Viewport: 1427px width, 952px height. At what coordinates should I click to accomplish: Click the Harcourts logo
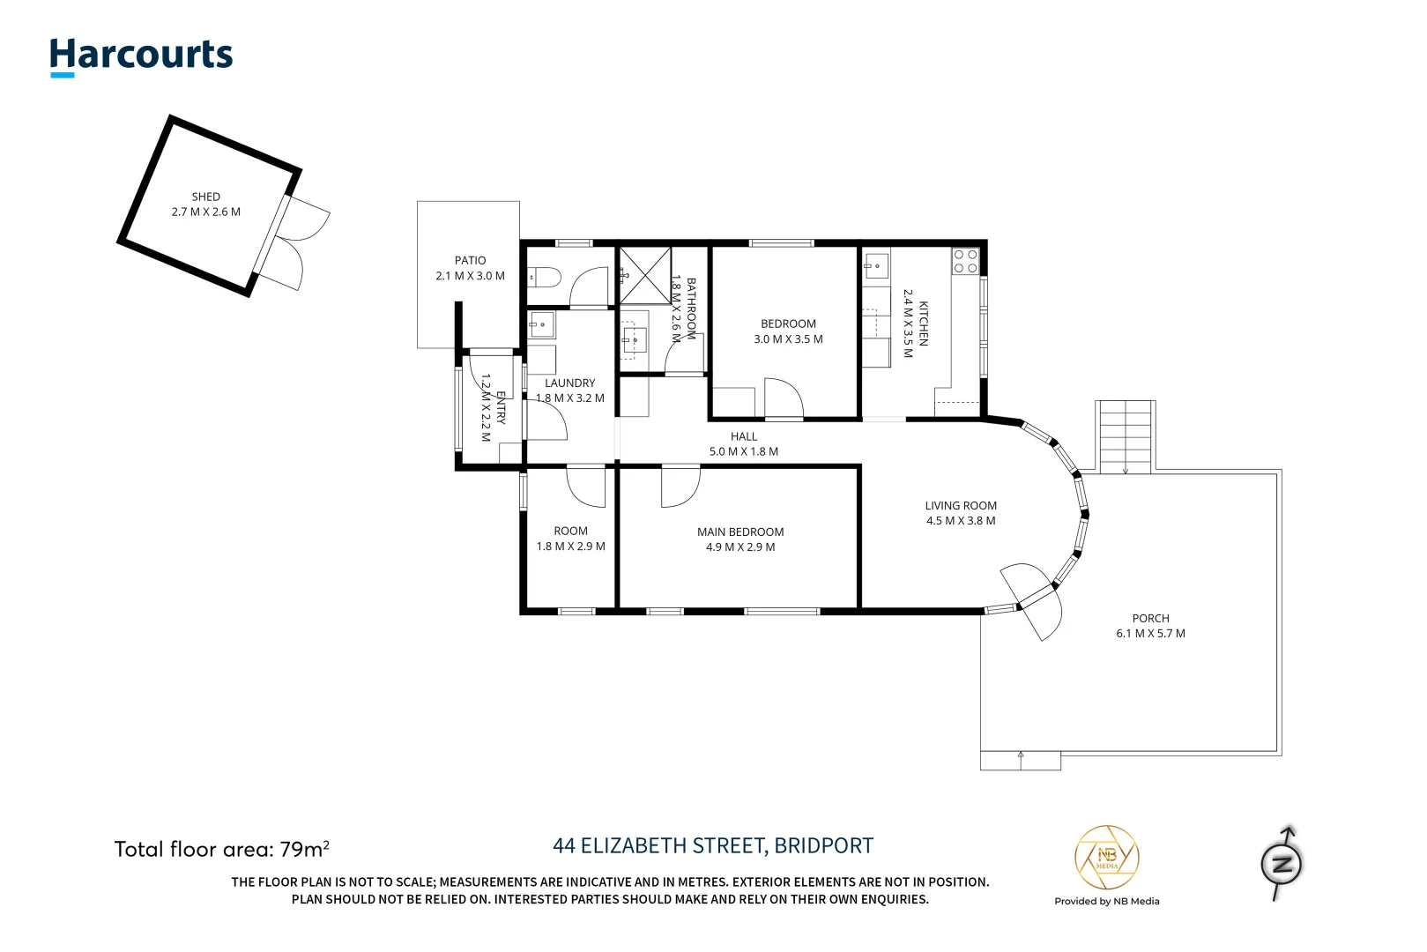click(141, 56)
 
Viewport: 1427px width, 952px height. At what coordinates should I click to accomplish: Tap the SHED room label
click(205, 197)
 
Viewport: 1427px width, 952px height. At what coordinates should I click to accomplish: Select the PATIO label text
click(470, 261)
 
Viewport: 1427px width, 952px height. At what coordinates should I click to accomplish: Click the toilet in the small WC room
click(545, 278)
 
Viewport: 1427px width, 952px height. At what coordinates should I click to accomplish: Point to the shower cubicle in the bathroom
click(644, 276)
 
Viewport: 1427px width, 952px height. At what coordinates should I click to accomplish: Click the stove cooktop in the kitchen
click(965, 261)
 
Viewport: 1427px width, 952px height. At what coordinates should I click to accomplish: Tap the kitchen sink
click(876, 264)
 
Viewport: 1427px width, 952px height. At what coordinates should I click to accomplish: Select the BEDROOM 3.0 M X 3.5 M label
click(788, 331)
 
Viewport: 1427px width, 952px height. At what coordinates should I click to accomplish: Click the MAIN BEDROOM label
click(740, 532)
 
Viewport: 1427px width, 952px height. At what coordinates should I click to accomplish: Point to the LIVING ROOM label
click(961, 506)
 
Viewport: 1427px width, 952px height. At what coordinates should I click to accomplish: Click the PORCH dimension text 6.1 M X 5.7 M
click(1150, 634)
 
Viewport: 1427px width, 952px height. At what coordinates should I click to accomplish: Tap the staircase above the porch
click(1125, 436)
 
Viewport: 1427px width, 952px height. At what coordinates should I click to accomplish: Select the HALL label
click(743, 437)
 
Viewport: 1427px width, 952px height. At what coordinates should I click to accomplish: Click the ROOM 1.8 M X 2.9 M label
click(570, 539)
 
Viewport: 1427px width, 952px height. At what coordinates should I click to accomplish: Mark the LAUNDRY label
click(569, 383)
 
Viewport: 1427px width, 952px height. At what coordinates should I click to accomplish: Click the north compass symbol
click(1282, 864)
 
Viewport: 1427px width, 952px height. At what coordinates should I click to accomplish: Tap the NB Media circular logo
click(1106, 857)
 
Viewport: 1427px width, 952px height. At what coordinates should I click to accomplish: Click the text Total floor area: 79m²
click(222, 850)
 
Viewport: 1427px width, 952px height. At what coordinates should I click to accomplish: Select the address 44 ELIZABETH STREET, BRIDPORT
click(712, 846)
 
